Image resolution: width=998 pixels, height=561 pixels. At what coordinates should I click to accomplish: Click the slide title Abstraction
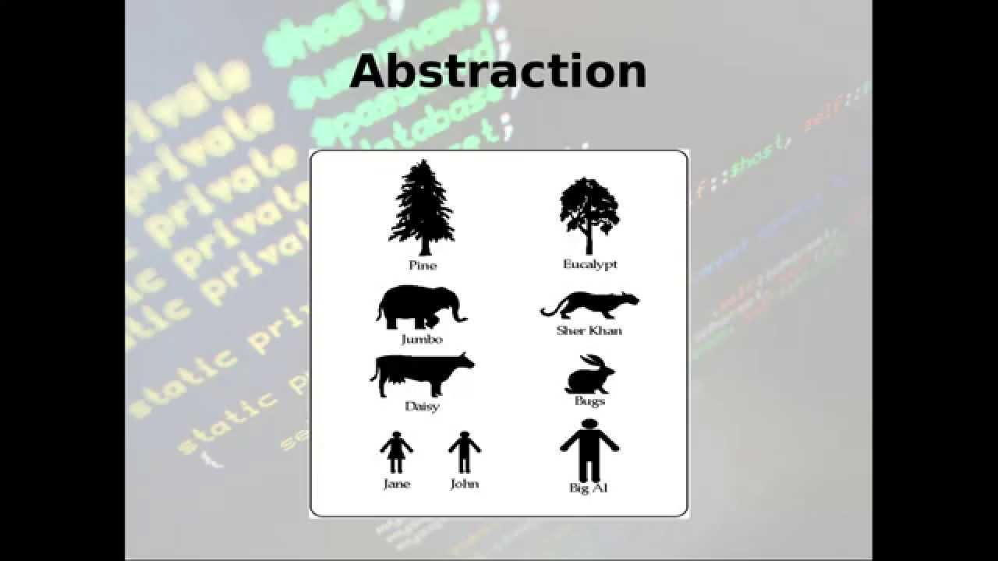tap(497, 71)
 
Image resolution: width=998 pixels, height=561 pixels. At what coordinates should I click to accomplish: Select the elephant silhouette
tap(413, 306)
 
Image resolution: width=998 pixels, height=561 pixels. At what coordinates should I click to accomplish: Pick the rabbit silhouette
tap(589, 376)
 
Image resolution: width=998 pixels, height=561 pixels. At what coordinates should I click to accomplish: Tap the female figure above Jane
tap(396, 452)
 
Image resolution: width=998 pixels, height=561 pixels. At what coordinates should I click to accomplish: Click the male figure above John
tap(465, 452)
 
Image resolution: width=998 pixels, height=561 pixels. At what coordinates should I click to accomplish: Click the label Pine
tap(423, 266)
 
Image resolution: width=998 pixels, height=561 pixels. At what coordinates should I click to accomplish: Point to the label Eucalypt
tap(590, 265)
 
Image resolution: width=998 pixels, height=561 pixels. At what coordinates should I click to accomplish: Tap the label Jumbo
tap(422, 340)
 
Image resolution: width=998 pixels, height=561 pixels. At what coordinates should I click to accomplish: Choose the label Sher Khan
tap(589, 330)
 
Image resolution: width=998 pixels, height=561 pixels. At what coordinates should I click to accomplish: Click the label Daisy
tap(422, 407)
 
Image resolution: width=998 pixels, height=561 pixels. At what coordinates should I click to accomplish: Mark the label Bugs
tap(589, 401)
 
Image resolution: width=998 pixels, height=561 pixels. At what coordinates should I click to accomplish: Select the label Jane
tap(397, 484)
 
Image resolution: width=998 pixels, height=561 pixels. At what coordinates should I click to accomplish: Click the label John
tap(465, 484)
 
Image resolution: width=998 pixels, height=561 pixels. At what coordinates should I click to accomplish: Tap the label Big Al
tap(589, 489)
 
